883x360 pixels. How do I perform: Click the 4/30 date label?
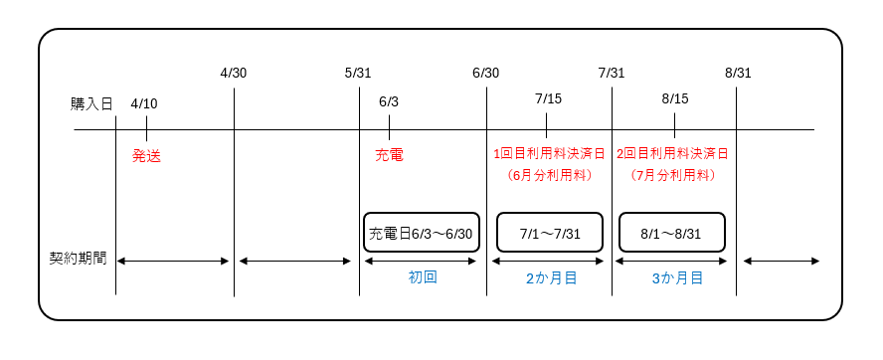coord(234,73)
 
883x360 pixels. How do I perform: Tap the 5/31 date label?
coord(358,73)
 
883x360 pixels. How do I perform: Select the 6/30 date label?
coord(486,73)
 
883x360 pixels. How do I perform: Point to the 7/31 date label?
coord(612,73)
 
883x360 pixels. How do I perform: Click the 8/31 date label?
coord(738,73)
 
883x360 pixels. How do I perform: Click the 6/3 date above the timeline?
coord(389,102)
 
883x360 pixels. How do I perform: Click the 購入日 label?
coord(91,103)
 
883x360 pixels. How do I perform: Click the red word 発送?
coord(146,155)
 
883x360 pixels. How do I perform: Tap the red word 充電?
coord(389,155)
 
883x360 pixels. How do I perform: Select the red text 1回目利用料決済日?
coord(548,154)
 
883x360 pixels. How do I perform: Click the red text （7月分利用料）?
coord(674,175)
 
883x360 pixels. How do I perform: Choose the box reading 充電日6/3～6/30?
coord(421,234)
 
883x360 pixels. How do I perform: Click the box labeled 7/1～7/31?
coord(549,234)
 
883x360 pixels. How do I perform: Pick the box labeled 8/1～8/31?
coord(671,234)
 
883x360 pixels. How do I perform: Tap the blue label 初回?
coord(423,277)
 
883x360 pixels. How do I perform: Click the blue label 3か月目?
coord(677,278)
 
